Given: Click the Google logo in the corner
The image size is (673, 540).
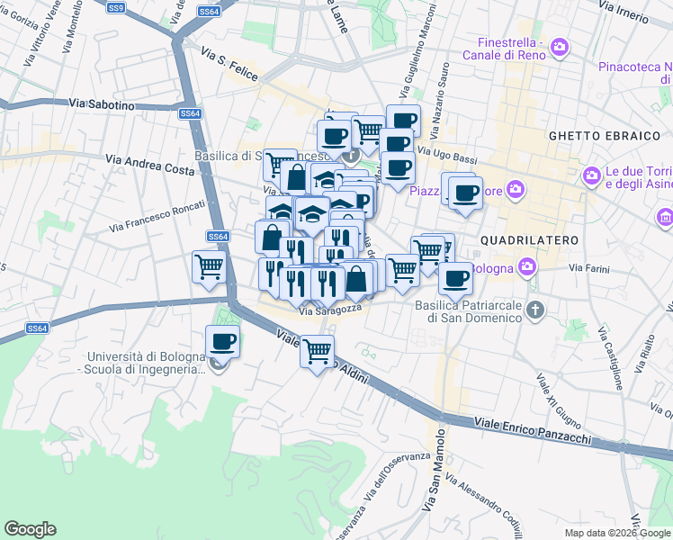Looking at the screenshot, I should pos(30,529).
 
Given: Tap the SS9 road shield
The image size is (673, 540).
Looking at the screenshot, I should pos(115,7).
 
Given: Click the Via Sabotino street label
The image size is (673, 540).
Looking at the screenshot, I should pos(101,105).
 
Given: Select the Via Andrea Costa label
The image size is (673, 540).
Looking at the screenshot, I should pos(149,163).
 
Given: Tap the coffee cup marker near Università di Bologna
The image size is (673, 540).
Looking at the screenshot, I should pos(222,343).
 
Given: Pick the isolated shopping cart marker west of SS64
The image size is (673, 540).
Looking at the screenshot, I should pos(209,267).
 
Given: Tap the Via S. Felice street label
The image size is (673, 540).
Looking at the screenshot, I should pos(229,67).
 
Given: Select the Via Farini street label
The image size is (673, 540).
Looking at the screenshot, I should pos(589,267).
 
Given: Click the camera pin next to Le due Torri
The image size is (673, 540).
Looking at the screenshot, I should pos(591,175).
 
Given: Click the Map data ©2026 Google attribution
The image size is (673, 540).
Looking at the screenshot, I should pos(616,532).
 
